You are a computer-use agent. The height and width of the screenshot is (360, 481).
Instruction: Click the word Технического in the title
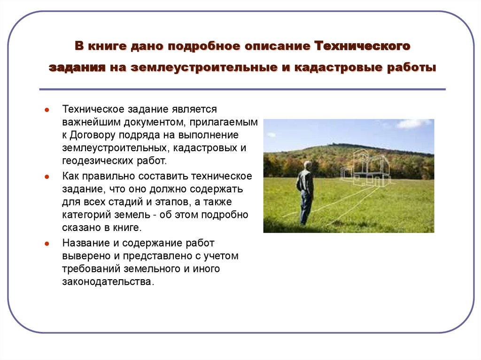point(363,46)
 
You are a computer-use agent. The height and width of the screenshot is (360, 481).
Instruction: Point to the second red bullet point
point(47,177)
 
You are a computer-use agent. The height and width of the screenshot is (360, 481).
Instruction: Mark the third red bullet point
point(47,245)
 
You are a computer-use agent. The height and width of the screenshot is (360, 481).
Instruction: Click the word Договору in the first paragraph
point(94,135)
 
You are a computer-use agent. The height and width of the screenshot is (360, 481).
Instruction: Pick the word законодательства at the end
point(107,282)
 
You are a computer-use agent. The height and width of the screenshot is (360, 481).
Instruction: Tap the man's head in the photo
point(307,165)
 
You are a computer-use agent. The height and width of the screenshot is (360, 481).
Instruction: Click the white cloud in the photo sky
point(413,123)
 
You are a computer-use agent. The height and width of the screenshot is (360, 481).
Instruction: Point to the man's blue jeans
point(306,207)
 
